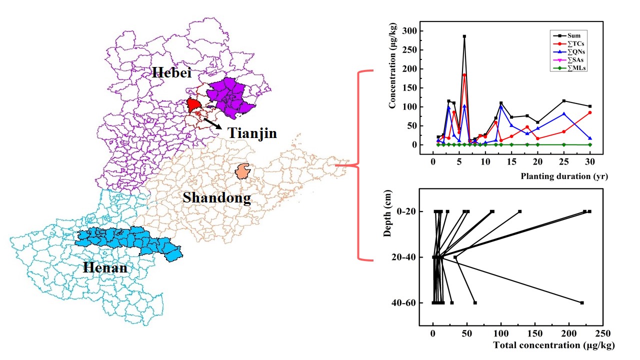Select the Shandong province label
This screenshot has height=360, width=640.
pyautogui.click(x=216, y=197)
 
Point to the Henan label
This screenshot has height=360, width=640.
pyautogui.click(x=105, y=268)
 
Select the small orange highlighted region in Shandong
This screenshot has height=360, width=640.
pyautogui.click(x=243, y=171)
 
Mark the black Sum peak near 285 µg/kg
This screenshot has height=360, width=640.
pyautogui.click(x=464, y=36)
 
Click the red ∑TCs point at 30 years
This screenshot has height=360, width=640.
pyautogui.click(x=590, y=112)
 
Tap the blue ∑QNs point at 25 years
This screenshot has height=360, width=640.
pyautogui.click(x=564, y=113)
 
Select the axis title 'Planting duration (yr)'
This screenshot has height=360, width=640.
pyautogui.click(x=564, y=176)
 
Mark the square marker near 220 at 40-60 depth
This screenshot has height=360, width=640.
pyautogui.click(x=582, y=302)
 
